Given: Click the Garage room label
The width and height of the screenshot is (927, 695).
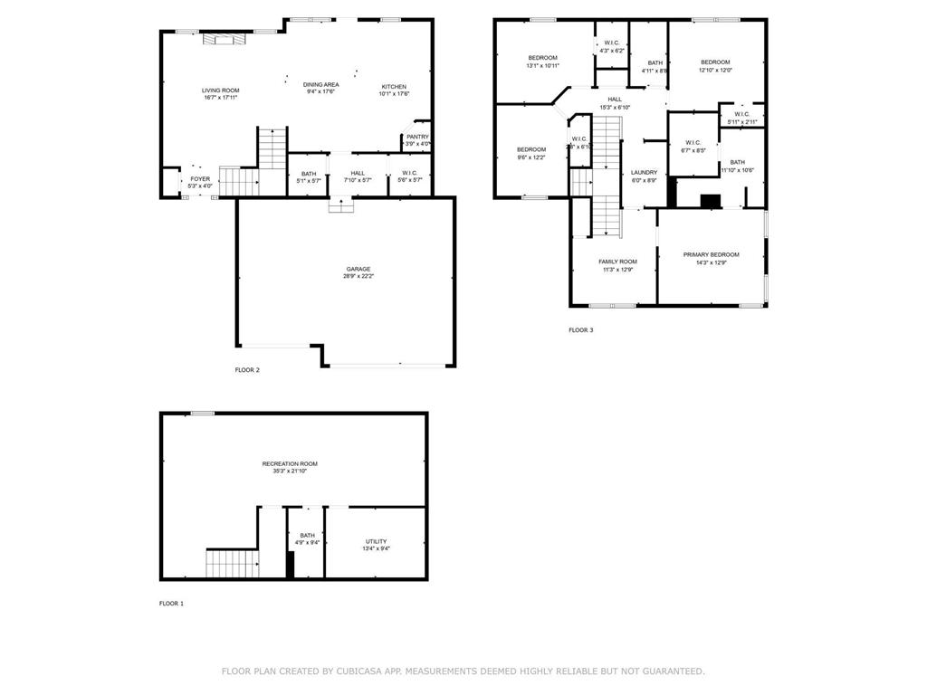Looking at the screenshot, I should (x=358, y=269).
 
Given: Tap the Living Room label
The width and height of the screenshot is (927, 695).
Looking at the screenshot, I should (x=220, y=90).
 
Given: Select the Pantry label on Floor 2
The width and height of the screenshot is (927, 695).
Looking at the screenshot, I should (x=417, y=137).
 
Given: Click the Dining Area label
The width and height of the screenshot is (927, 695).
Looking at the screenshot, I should (x=320, y=84).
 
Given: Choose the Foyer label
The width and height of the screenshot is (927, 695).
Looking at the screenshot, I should (x=199, y=179).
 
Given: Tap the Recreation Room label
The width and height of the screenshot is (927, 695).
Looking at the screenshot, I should (x=295, y=463).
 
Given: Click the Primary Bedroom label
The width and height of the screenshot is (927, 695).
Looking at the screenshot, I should (x=711, y=254).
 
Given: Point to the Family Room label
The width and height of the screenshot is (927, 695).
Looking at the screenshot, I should (x=617, y=262).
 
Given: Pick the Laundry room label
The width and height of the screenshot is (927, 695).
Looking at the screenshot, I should (x=644, y=172).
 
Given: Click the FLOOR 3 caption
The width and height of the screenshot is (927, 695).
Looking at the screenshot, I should (x=580, y=330).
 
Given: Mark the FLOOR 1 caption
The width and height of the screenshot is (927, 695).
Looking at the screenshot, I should (x=171, y=604).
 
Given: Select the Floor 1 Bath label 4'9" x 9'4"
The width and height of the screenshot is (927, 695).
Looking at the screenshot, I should (x=307, y=535).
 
